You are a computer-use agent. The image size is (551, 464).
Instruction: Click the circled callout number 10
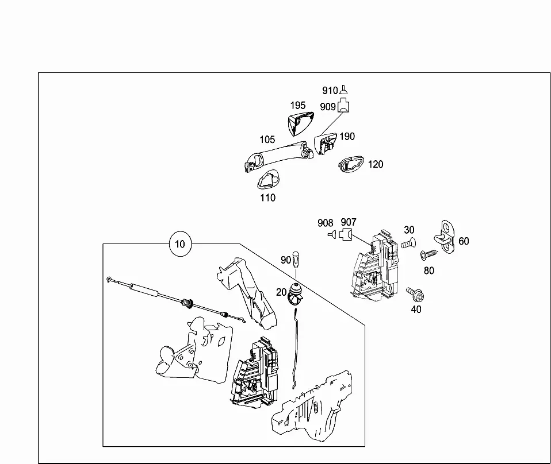pos(180,243)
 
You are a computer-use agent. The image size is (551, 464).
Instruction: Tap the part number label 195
pos(298,105)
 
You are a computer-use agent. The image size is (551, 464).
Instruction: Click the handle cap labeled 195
pos(300,123)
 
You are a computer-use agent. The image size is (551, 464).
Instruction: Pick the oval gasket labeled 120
pos(351,164)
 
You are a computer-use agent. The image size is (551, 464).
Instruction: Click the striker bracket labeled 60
pos(445,237)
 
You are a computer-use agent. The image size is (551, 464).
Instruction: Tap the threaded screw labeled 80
pos(429,254)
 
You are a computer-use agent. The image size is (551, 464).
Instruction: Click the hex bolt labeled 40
pos(415,295)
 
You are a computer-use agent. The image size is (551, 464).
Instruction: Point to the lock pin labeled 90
pos(296,258)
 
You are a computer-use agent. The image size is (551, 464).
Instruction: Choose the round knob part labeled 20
pos(295,294)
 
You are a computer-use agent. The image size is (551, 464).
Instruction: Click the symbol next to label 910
pos(344,90)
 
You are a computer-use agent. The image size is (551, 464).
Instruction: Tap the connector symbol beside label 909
pos(343,105)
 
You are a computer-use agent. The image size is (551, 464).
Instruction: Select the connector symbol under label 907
pos(346,234)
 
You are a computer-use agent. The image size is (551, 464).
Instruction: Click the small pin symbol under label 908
pos(332,234)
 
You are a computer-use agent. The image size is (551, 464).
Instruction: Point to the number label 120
pos(376,164)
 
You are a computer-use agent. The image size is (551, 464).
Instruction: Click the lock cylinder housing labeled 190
pos(325,143)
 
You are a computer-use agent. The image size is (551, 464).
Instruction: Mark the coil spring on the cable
pos(188,303)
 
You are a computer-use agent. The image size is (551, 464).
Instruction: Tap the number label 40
pos(416,309)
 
